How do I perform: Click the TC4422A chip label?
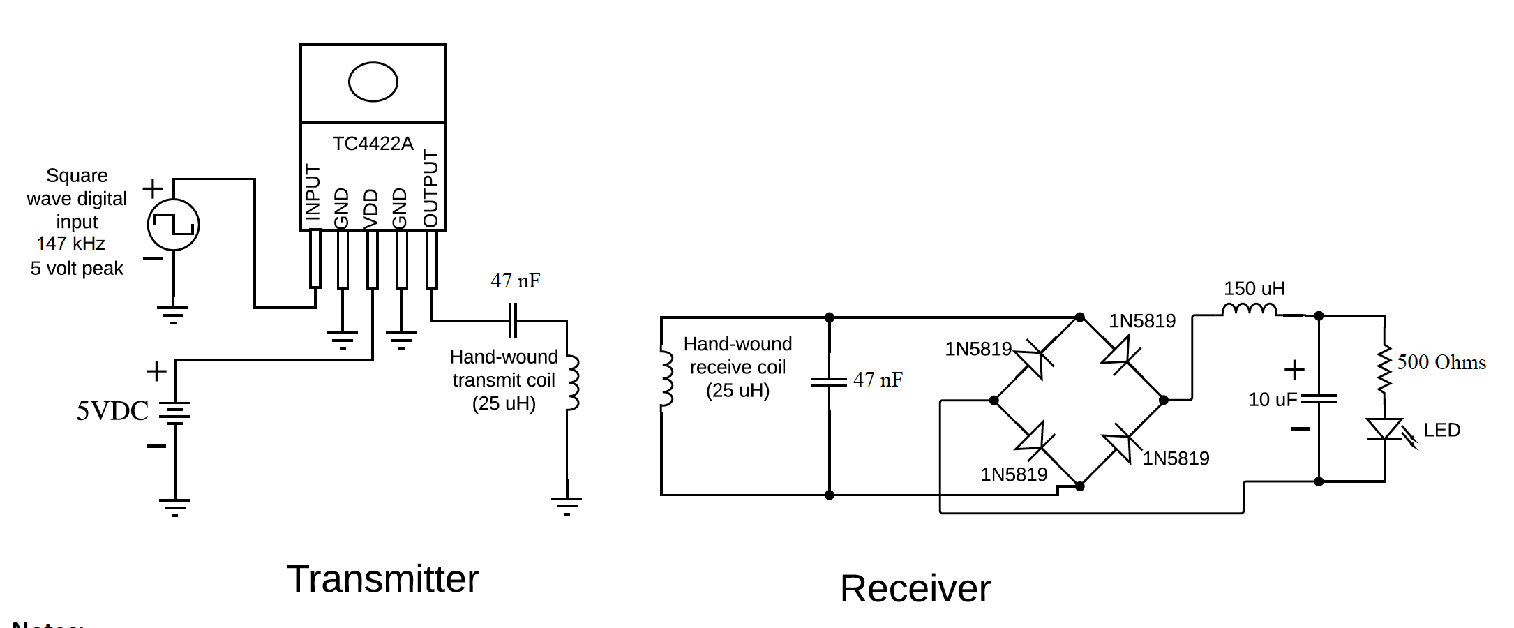pyautogui.click(x=373, y=144)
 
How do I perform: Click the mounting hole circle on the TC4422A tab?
pyautogui.click(x=373, y=82)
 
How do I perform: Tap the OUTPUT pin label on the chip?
pyautogui.click(x=431, y=188)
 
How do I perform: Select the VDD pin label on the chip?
pyautogui.click(x=371, y=208)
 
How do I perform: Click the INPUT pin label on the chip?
pyautogui.click(x=313, y=193)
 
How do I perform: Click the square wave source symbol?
pyautogui.click(x=174, y=225)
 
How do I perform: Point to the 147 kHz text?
pyautogui.click(x=71, y=244)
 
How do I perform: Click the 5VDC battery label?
pyautogui.click(x=112, y=410)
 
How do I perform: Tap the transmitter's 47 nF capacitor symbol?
pyautogui.click(x=513, y=320)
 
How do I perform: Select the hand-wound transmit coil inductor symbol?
pyautogui.click(x=572, y=382)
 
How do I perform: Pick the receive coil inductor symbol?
pyautogui.click(x=667, y=379)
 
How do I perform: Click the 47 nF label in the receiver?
pyautogui.click(x=878, y=380)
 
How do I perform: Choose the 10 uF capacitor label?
pyautogui.click(x=1272, y=399)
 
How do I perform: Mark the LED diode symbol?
pyautogui.click(x=1384, y=430)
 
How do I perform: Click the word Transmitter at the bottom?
pyautogui.click(x=382, y=578)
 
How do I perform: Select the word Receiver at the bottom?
pyautogui.click(x=915, y=588)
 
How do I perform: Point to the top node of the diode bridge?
pyautogui.click(x=1079, y=317)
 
